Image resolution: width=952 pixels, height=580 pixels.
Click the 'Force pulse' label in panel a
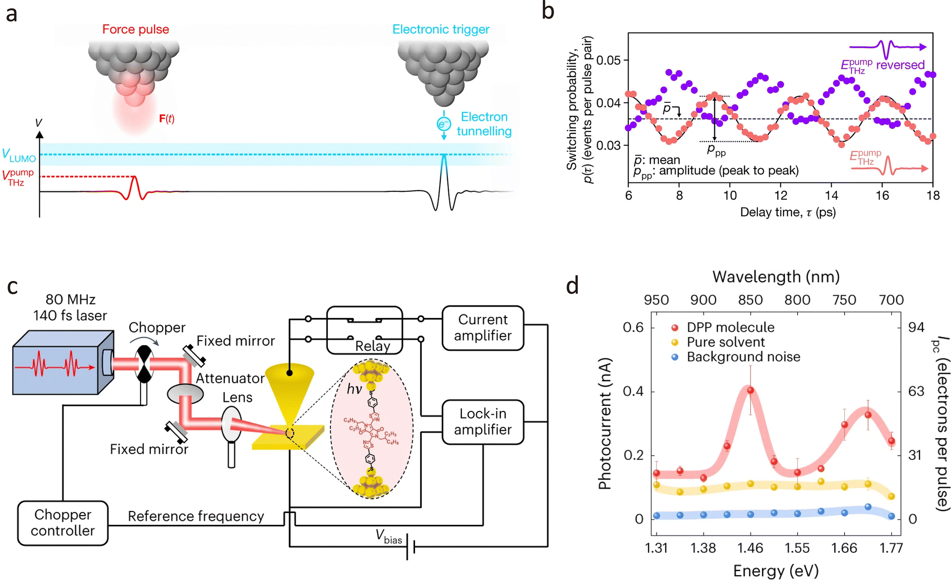click(136, 30)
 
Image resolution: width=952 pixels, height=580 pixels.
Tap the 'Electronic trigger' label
click(441, 30)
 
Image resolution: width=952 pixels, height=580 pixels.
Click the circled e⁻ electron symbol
click(444, 124)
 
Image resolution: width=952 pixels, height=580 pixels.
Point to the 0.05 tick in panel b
click(608, 60)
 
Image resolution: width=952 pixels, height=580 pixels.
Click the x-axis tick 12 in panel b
click(781, 196)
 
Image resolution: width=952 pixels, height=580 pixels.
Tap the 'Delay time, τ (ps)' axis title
click(788, 212)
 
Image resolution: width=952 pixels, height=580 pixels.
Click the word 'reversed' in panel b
click(900, 65)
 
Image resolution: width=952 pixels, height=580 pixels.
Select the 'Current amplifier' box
click(483, 328)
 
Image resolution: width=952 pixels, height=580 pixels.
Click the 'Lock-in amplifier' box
click(483, 422)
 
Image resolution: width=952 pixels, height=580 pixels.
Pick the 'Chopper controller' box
click(63, 523)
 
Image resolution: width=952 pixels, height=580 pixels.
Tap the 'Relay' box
click(365, 330)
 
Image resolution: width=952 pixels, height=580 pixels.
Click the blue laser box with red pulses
click(59, 364)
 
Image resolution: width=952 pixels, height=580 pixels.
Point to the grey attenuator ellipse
click(185, 394)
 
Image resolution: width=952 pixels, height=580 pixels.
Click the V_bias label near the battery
click(388, 536)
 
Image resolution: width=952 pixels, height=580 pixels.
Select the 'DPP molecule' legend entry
click(730, 328)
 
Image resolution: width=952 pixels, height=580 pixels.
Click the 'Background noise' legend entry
click(743, 357)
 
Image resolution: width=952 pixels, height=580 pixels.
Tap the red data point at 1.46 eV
click(751, 390)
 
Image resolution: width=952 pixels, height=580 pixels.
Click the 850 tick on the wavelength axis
click(751, 300)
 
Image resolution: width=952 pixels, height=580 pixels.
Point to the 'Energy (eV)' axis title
click(776, 570)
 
